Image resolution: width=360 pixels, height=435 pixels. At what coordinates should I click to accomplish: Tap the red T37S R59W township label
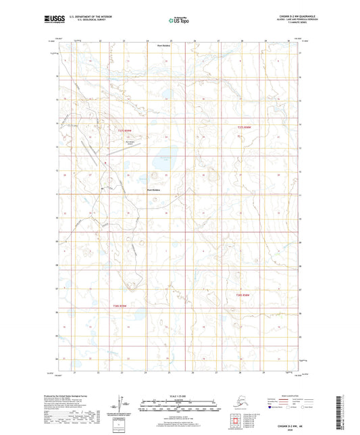click(122, 130)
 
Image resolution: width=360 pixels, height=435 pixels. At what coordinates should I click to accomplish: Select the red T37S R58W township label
click(244, 126)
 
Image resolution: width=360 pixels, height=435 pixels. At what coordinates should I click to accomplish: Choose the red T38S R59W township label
click(120, 307)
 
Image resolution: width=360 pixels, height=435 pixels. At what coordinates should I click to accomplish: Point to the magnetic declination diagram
click(124, 403)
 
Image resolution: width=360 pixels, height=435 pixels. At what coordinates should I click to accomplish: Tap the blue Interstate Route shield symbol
click(272, 407)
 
